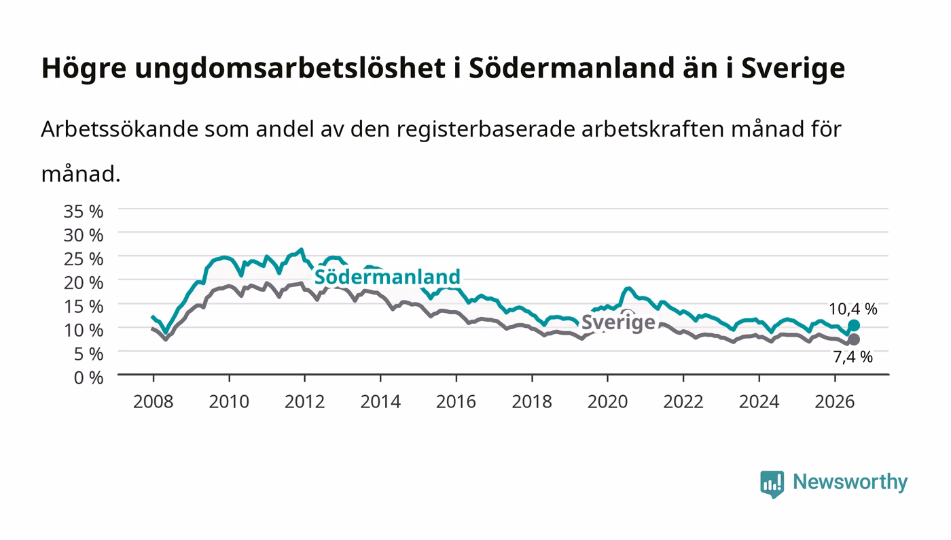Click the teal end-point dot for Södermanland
tap(853, 325)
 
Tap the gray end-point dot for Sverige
tap(853, 339)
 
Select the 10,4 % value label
tap(853, 309)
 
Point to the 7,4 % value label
tap(853, 357)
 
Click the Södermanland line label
tap(387, 277)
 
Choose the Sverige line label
tap(618, 322)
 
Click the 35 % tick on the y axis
tap(83, 212)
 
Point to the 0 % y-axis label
tap(88, 377)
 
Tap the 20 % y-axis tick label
tap(83, 283)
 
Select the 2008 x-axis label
tap(154, 402)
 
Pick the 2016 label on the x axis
tap(456, 402)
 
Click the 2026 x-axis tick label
tap(835, 402)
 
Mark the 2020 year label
tap(607, 402)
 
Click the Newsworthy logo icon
tap(772, 484)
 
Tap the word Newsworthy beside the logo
tap(850, 482)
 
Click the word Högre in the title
tap(84, 69)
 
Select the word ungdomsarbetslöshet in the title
tap(291, 69)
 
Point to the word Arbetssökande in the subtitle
tap(120, 129)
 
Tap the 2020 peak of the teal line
tap(628, 289)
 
